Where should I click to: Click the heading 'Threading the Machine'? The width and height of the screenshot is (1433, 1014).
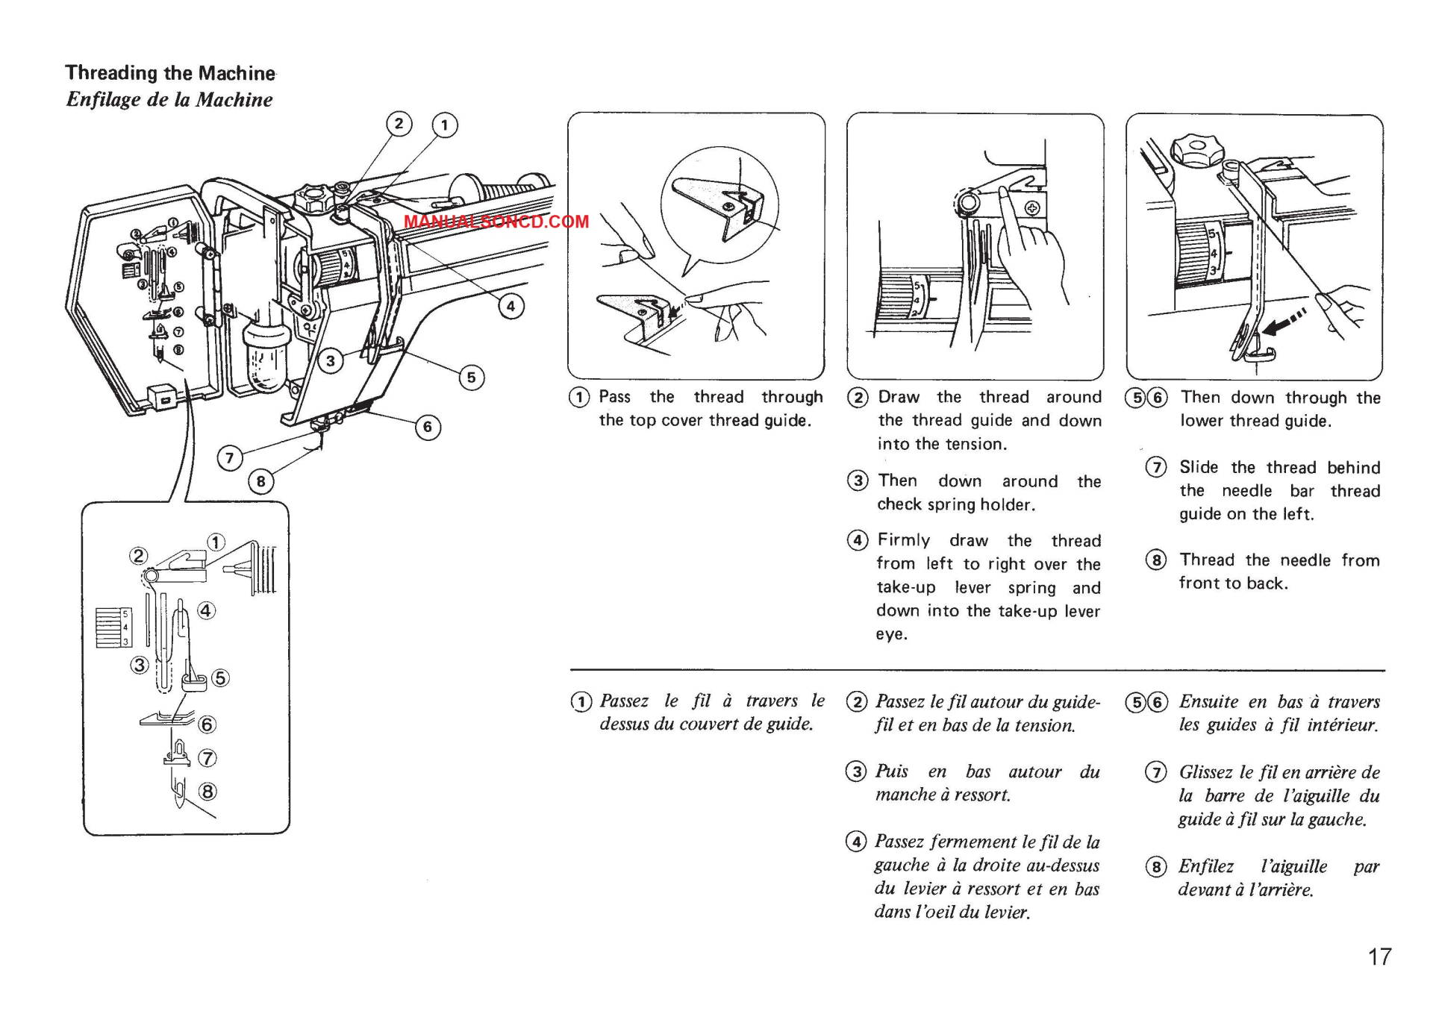tap(170, 73)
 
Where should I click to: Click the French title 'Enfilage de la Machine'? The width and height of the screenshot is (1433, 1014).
tap(169, 100)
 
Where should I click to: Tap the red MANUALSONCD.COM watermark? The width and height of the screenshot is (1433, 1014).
tap(496, 222)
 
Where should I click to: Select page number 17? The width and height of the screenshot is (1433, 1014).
tap(1379, 957)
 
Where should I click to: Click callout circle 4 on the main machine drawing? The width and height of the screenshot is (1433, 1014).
tap(511, 306)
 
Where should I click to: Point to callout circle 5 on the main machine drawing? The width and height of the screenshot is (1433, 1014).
tap(471, 378)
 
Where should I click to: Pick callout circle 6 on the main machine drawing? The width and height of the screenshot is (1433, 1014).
tap(428, 427)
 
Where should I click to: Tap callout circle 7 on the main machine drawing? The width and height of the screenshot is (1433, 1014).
tap(230, 457)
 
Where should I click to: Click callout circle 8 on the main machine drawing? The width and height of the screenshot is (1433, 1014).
tap(260, 481)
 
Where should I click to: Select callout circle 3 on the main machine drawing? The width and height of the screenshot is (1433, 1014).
tap(331, 362)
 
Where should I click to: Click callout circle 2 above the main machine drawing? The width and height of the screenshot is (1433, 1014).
tap(399, 123)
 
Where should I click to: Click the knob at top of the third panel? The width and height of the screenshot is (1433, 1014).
tap(1197, 150)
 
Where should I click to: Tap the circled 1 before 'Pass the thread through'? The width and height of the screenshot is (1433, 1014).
tap(579, 398)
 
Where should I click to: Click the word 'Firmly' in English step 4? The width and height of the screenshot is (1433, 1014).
tap(904, 540)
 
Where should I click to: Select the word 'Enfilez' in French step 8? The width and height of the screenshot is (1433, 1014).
tap(1206, 866)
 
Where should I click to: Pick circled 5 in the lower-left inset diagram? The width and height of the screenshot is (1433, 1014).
tap(220, 678)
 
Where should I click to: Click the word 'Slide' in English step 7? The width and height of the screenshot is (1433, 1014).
tap(1199, 468)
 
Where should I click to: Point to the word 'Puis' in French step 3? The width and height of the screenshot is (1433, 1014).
tap(892, 772)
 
